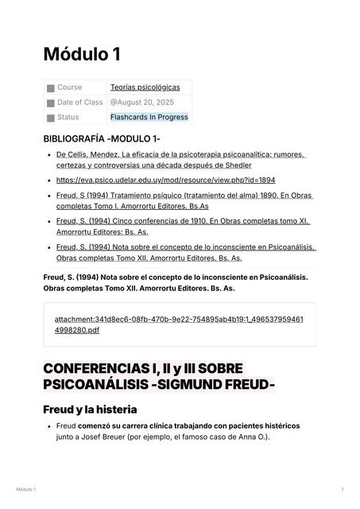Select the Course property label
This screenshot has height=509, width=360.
pos(69,87)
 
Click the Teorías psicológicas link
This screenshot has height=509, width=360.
pos(145,87)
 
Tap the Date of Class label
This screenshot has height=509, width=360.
pos(79,103)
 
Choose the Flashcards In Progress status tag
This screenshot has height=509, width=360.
pos(149,118)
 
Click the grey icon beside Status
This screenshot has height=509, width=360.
pos(50,119)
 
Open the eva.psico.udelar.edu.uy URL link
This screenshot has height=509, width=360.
pos(165,181)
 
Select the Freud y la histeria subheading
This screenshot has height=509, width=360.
pos(90,410)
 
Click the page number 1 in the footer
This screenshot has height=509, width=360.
pos(342,489)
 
